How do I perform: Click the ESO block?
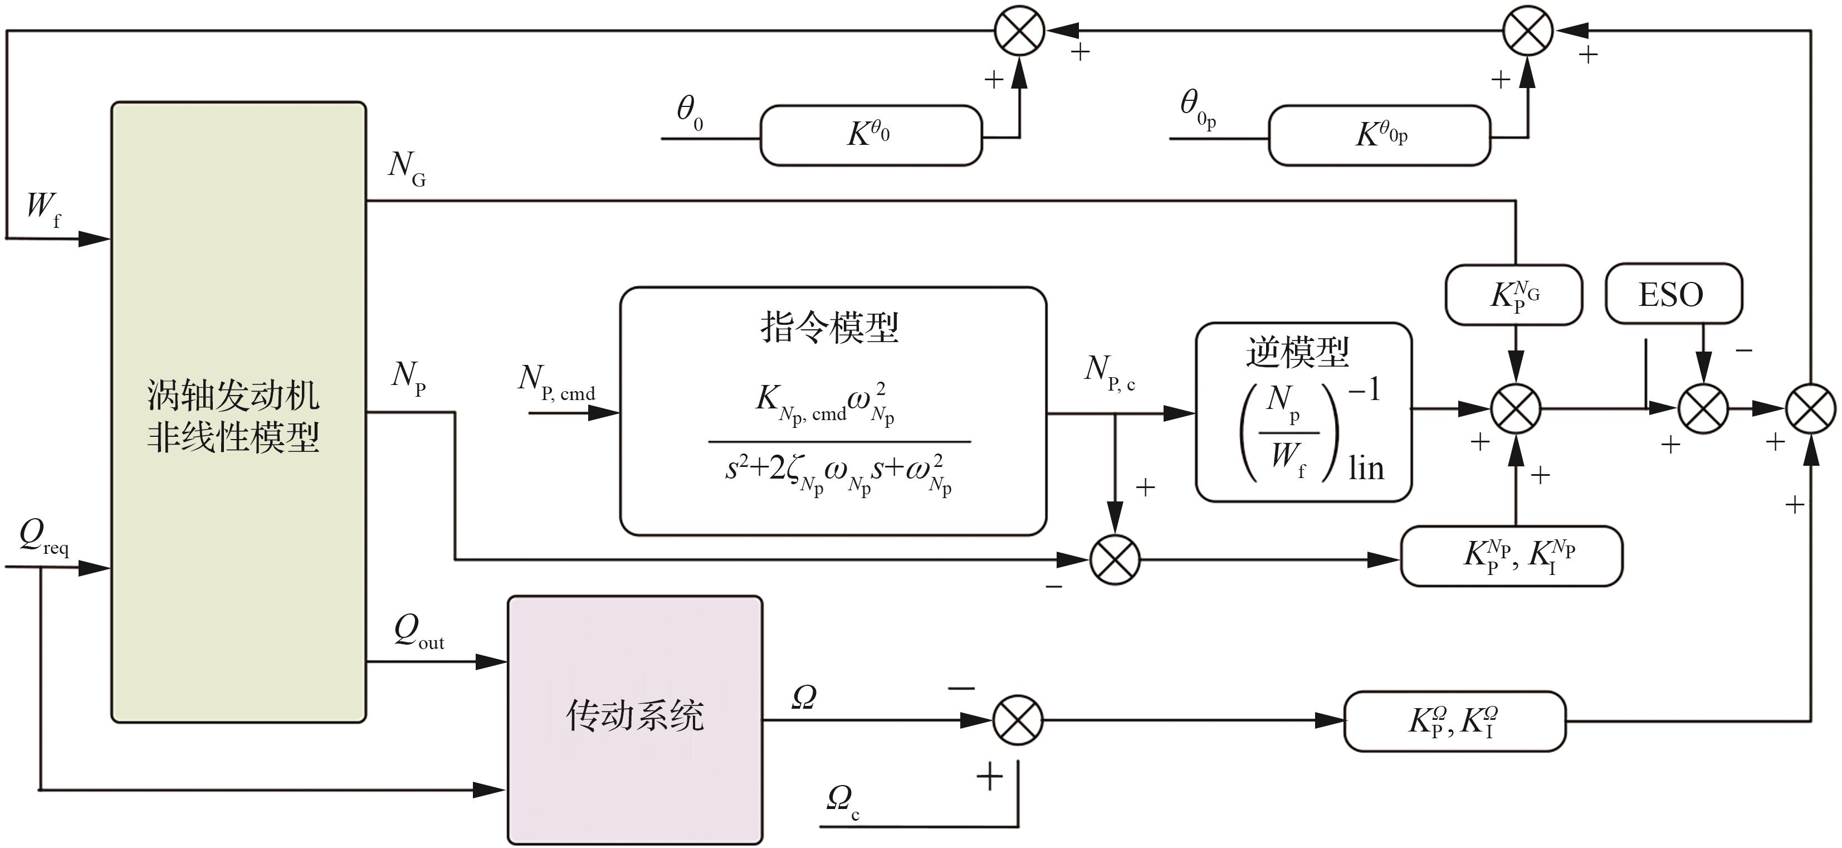click(x=1673, y=294)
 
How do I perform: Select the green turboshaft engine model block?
click(x=238, y=412)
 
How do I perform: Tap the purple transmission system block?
click(x=635, y=719)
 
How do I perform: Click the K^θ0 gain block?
click(x=870, y=135)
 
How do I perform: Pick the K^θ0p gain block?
click(x=1379, y=135)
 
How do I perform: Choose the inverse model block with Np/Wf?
click(x=1303, y=412)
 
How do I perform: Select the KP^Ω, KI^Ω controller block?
click(x=1454, y=721)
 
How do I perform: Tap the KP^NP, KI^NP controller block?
click(x=1511, y=556)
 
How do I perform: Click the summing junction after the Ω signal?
click(x=1018, y=720)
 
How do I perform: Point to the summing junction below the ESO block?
click(x=1703, y=409)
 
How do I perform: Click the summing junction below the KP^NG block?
click(x=1515, y=409)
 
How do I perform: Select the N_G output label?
click(x=407, y=168)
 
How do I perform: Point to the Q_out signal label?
click(x=418, y=632)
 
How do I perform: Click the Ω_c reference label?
click(x=842, y=802)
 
